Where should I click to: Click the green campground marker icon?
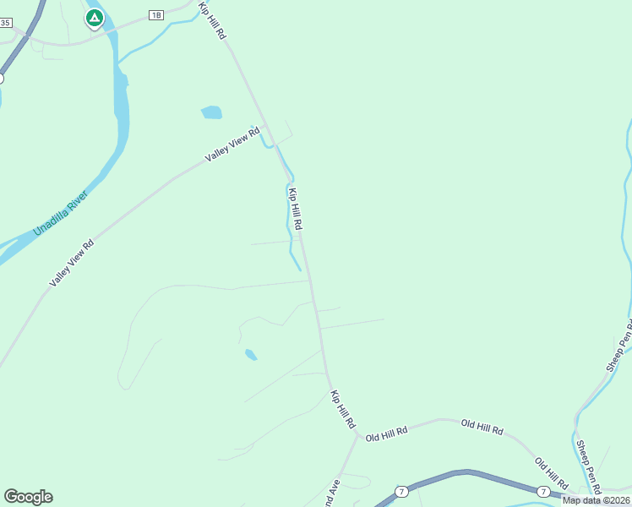pos(94,18)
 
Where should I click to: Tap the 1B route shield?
pos(155,15)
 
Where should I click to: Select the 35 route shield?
pos(5,23)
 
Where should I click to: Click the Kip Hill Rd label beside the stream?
pos(296,209)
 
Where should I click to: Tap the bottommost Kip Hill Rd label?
pos(343,410)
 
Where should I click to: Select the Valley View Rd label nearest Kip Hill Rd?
pos(232,145)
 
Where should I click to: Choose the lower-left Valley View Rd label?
pos(71,263)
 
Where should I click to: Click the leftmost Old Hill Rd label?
pos(387,432)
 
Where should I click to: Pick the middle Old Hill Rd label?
pos(482,427)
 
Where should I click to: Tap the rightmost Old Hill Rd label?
pos(551,474)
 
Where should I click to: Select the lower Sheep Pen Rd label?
pos(587,466)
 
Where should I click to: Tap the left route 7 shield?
pos(401,491)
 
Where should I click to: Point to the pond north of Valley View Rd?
pos(211,112)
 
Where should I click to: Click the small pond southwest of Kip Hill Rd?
pos(250,355)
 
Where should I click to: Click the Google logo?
pos(28,497)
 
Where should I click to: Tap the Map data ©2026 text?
pos(596,500)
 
